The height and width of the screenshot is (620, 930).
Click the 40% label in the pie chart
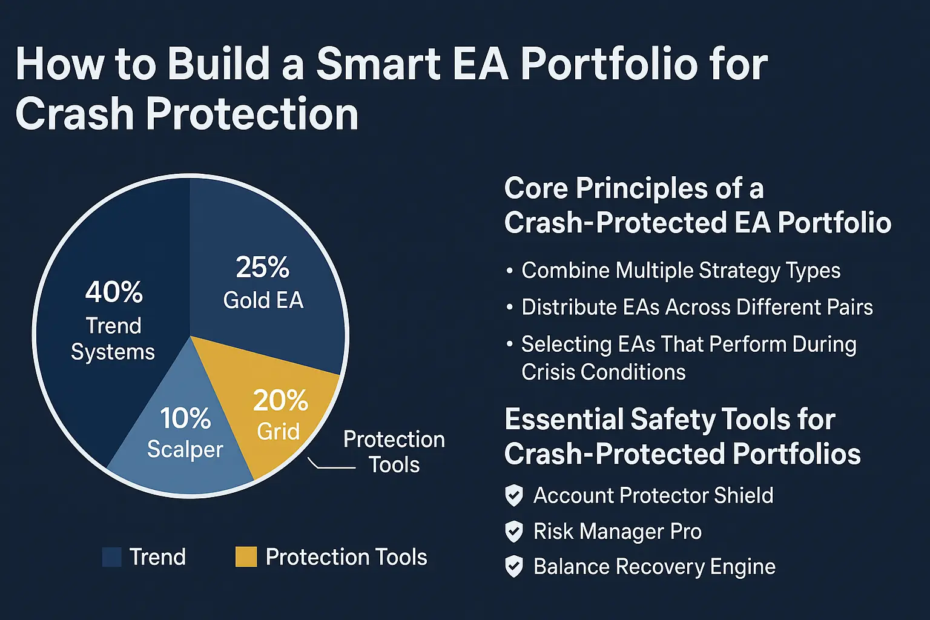pyautogui.click(x=114, y=292)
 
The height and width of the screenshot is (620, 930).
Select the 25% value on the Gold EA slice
pyautogui.click(x=262, y=267)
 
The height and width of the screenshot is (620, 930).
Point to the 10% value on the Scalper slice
pyautogui.click(x=185, y=418)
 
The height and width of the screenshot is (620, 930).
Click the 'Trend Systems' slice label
pyautogui.click(x=113, y=338)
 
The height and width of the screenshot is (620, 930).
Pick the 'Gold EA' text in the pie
pyautogui.click(x=263, y=300)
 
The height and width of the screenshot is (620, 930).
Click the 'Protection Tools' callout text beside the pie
pyautogui.click(x=394, y=452)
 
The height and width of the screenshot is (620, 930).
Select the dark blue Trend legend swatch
pyautogui.click(x=112, y=557)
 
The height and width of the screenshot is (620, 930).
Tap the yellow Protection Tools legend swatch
pyautogui.click(x=246, y=557)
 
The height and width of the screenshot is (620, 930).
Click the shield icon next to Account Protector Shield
pyautogui.click(x=514, y=495)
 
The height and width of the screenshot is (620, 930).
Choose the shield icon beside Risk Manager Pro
pyautogui.click(x=514, y=532)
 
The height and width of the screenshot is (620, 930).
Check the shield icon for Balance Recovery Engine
pyautogui.click(x=514, y=567)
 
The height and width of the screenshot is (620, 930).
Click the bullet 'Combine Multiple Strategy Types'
pyautogui.click(x=681, y=271)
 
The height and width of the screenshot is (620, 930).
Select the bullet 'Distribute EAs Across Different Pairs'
pyautogui.click(x=697, y=307)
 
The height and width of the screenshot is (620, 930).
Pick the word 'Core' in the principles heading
pyautogui.click(x=535, y=188)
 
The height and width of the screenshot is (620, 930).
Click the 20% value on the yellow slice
pyautogui.click(x=280, y=400)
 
